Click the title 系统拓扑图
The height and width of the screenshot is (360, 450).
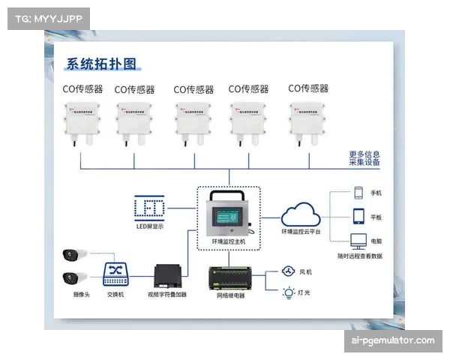pos(103,64)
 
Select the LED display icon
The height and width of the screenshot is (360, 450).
pos(148,207)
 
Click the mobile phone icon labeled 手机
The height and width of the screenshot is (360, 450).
pos(358,193)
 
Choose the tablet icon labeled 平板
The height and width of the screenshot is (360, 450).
pos(358,217)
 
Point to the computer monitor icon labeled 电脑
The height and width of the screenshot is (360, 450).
pos(358,241)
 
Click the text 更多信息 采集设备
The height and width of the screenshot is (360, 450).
pos(364,158)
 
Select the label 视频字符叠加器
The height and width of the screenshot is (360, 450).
pos(167,295)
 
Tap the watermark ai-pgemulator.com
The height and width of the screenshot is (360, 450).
pos(392,340)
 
